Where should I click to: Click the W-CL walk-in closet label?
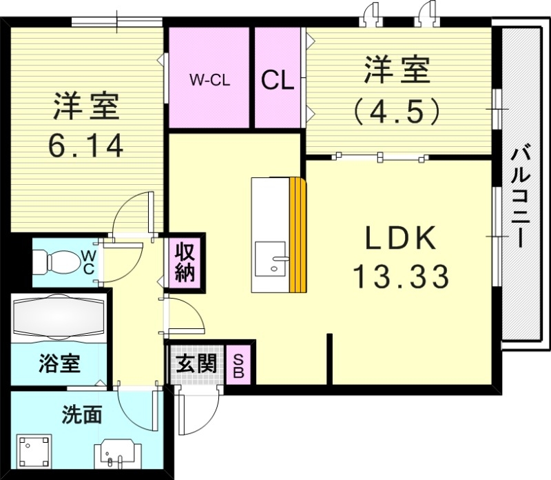point(209,79)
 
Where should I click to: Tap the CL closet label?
point(278,80)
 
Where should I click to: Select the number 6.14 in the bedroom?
point(85,146)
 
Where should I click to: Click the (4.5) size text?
point(396,110)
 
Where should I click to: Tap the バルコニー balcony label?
point(521,196)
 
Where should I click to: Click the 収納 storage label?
point(185,262)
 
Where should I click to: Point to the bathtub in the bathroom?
point(59,318)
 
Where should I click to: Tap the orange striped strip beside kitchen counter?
point(297,235)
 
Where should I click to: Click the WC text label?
point(89,262)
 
